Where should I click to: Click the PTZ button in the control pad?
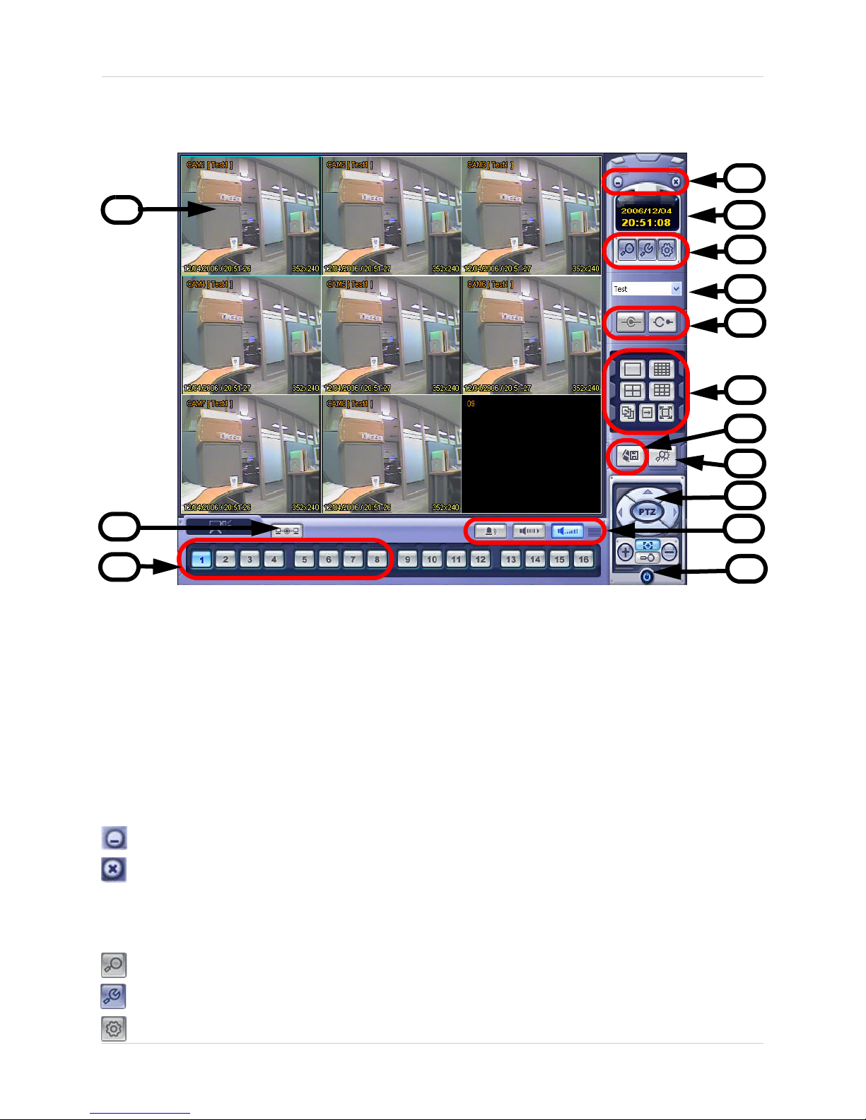pyautogui.click(x=647, y=512)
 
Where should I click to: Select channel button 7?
pyautogui.click(x=353, y=559)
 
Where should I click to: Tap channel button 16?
pyautogui.click(x=583, y=559)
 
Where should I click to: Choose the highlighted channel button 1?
pyautogui.click(x=201, y=559)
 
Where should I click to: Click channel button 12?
pyautogui.click(x=481, y=559)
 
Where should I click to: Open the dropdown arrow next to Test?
pyautogui.click(x=676, y=288)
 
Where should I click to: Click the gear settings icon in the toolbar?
pyautogui.click(x=667, y=249)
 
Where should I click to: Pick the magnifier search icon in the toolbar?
pyautogui.click(x=626, y=249)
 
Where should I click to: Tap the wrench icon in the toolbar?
pyautogui.click(x=647, y=249)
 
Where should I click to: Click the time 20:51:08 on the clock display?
pyautogui.click(x=646, y=223)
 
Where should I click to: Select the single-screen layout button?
pyautogui.click(x=633, y=369)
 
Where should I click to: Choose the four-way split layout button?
pyautogui.click(x=633, y=390)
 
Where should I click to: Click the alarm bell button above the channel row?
pyautogui.click(x=491, y=531)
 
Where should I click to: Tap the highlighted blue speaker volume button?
pyautogui.click(x=567, y=531)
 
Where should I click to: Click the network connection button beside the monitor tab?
pyautogui.click(x=287, y=531)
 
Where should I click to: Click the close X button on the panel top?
pyautogui.click(x=676, y=182)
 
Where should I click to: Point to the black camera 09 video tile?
pyautogui.click(x=531, y=454)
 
